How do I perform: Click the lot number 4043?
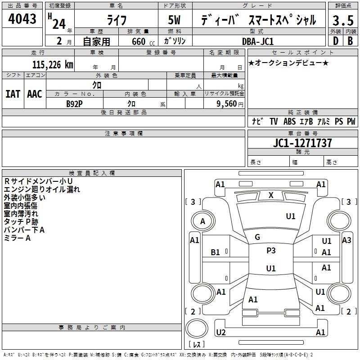(x=22, y=19)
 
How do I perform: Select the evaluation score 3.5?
(x=342, y=20)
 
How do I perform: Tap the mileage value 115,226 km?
(x=52, y=64)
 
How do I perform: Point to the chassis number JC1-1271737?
(x=302, y=144)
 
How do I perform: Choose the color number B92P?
(x=74, y=103)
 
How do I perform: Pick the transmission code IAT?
(x=13, y=94)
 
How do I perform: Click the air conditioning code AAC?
(x=34, y=94)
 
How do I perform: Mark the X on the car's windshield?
(x=271, y=195)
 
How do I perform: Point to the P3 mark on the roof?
(x=271, y=251)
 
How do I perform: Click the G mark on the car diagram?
(x=257, y=237)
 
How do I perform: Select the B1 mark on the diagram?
(x=216, y=252)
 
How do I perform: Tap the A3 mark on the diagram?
(x=346, y=240)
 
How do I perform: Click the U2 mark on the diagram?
(x=220, y=333)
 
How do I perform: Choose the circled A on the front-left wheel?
(x=202, y=221)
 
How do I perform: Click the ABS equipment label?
(x=289, y=121)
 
